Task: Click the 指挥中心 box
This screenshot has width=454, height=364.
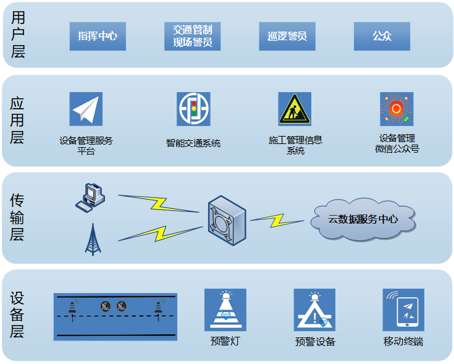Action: (98, 36)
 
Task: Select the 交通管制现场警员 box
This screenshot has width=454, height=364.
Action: (193, 36)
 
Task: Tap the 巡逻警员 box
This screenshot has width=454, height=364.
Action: (287, 36)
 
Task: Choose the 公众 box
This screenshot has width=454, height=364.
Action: (382, 36)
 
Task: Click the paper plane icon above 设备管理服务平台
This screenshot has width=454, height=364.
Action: (86, 109)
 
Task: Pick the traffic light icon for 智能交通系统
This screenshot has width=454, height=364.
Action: (193, 109)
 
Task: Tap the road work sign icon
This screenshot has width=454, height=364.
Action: (295, 109)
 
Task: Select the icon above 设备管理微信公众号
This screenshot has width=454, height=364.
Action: (397, 109)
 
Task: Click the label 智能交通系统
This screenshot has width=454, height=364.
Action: (193, 143)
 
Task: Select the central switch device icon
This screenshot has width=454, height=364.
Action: (226, 218)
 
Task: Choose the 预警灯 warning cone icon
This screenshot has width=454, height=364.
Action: (225, 310)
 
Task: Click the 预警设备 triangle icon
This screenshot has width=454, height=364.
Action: (314, 310)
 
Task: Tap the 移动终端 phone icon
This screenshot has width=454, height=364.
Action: (403, 310)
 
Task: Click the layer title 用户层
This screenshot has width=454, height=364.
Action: (18, 35)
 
